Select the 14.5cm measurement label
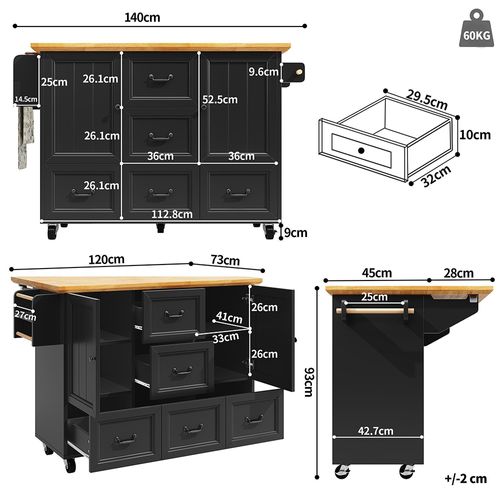(26, 99)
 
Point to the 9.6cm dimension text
(263, 72)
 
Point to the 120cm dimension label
(96, 259)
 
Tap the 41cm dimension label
(229, 318)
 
